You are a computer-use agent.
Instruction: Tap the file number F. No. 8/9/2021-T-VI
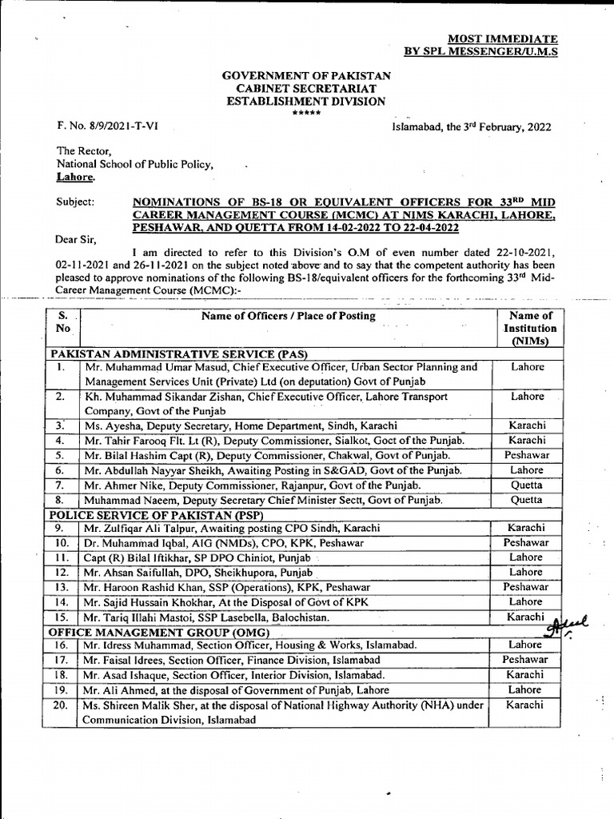106,127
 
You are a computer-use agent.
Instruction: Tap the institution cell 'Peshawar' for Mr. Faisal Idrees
526,660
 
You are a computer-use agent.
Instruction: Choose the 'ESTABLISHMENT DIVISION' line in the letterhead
306,102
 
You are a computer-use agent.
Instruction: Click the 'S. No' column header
64,322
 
